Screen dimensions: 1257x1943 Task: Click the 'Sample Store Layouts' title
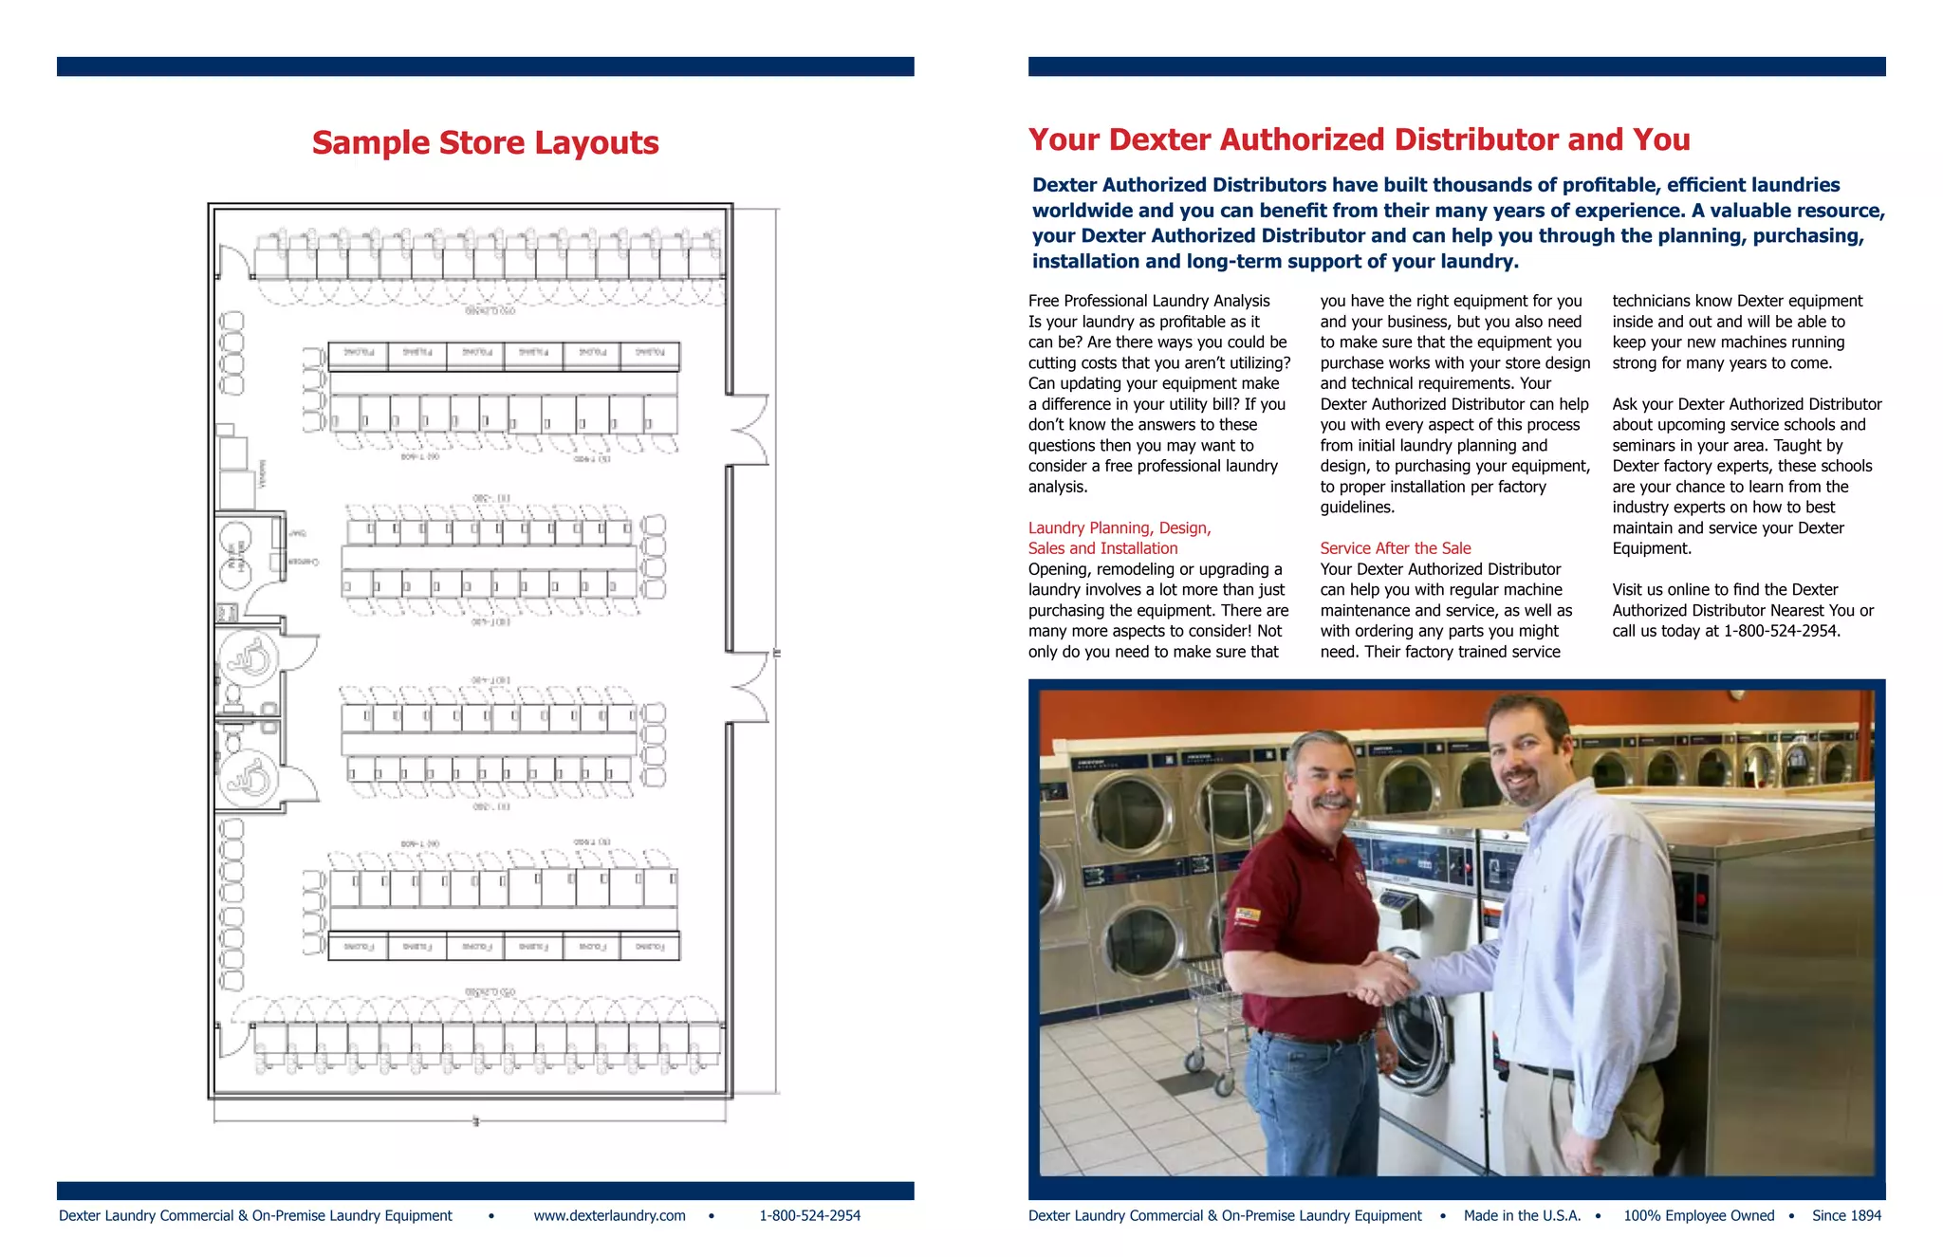pos(485,143)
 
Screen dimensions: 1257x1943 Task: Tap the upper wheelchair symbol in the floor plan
pos(250,657)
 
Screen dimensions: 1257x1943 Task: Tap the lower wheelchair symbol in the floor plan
pos(250,777)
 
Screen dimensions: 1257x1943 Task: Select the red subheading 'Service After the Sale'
pos(1395,548)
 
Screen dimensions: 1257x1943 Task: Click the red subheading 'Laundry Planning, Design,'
pos(1120,527)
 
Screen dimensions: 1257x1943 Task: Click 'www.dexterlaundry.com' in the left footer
pos(609,1215)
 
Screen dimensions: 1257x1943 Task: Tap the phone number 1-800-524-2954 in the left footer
pos(809,1215)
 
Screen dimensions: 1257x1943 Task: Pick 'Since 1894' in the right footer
pos(1845,1215)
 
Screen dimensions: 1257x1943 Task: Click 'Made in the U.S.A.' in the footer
pos(1522,1215)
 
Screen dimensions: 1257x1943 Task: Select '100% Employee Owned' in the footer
pos(1698,1215)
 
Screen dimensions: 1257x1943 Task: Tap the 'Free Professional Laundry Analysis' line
pos(1149,301)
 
